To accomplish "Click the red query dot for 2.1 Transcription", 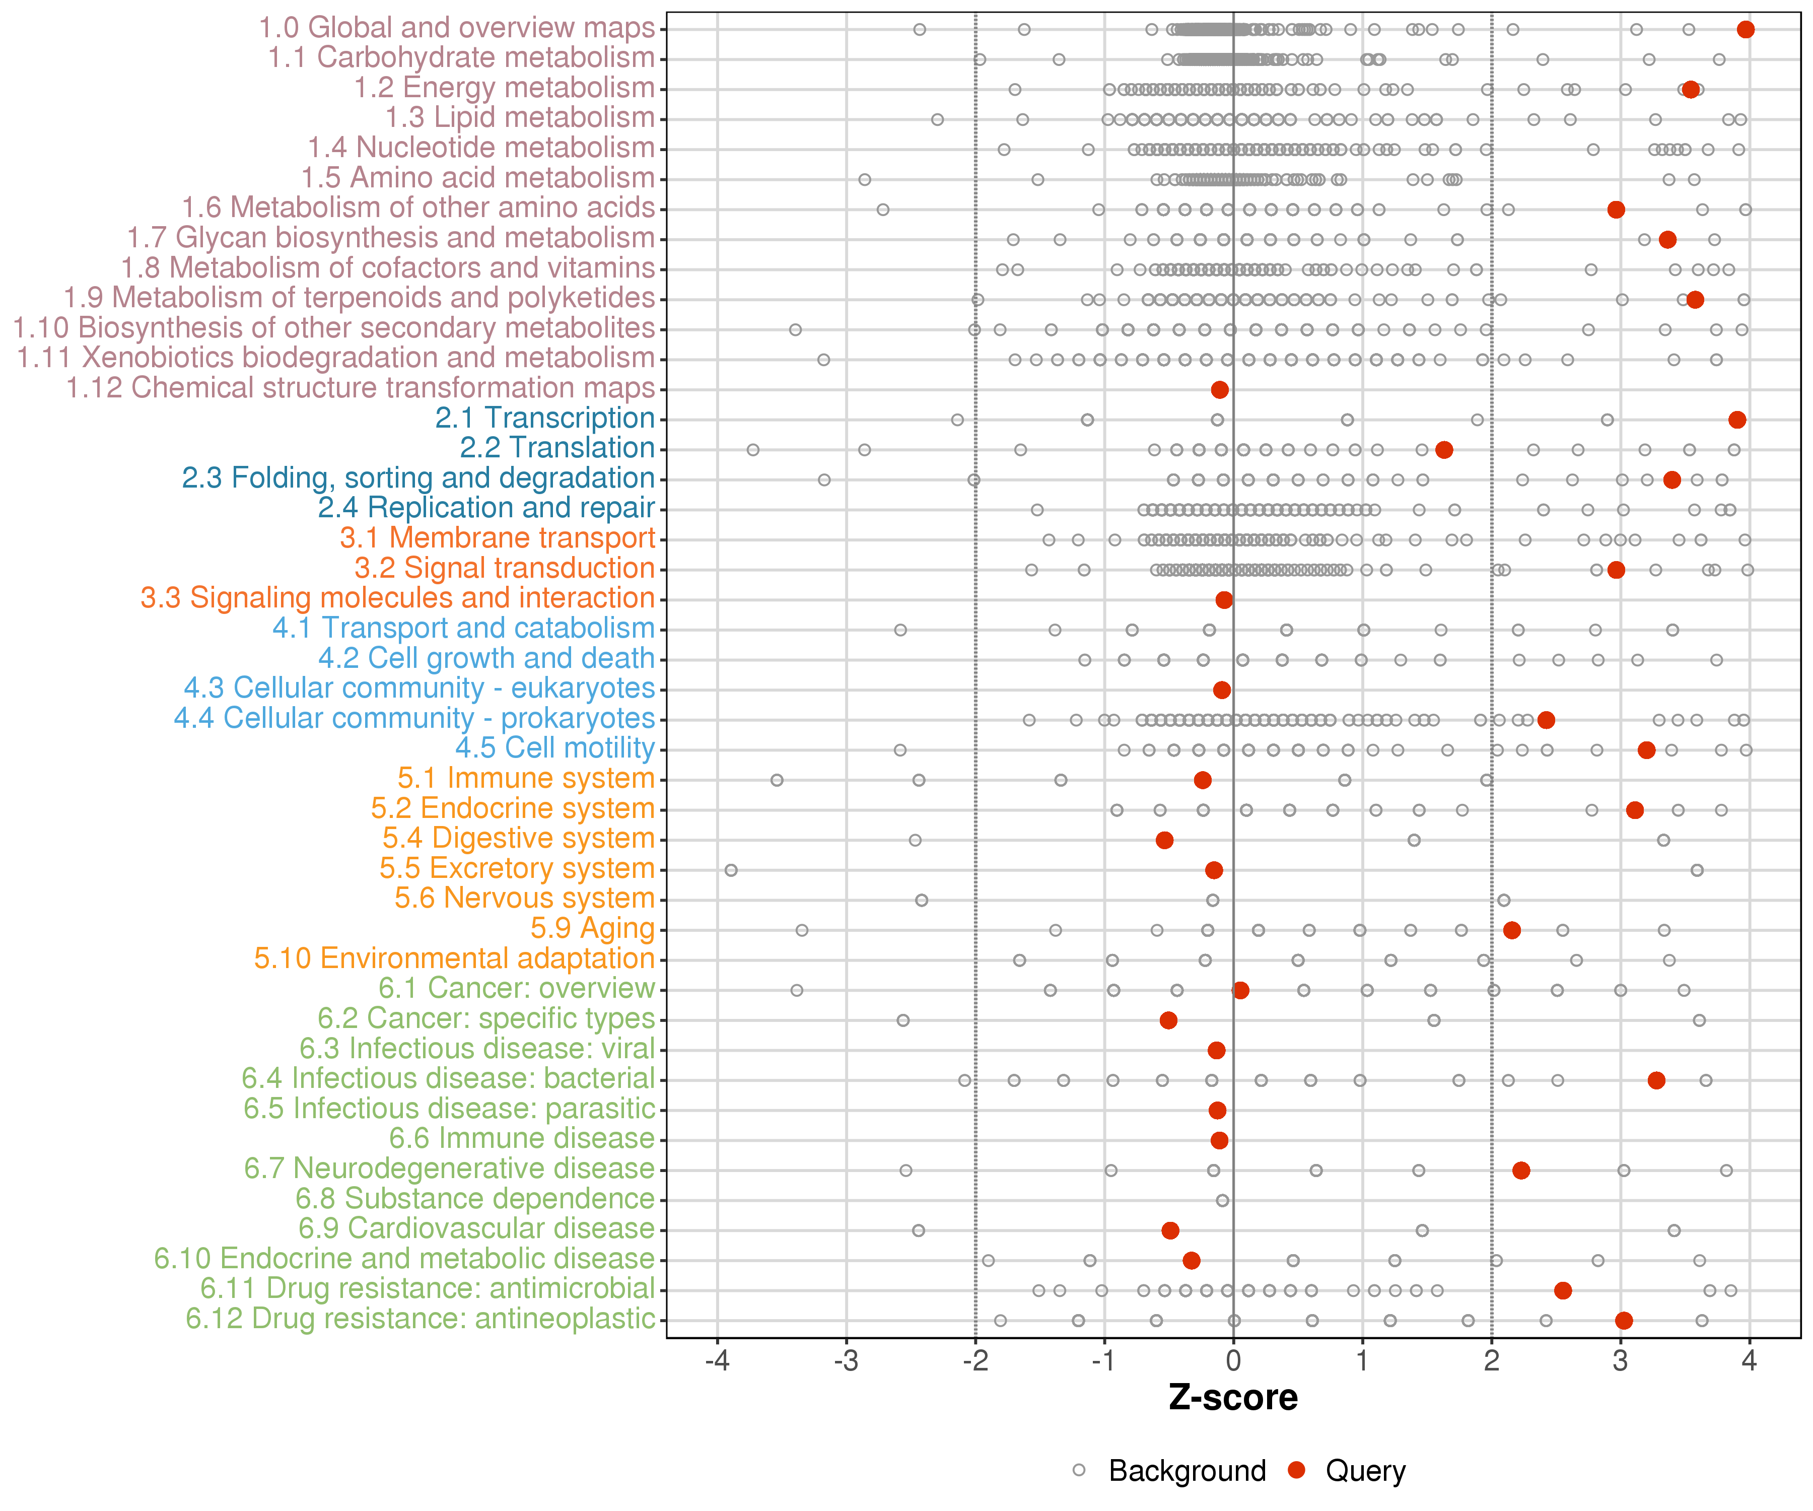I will pyautogui.click(x=1737, y=420).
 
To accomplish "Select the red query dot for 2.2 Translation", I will pyautogui.click(x=1443, y=450).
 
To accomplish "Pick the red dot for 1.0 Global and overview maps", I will pyautogui.click(x=1746, y=29).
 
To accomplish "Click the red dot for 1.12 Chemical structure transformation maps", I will pyautogui.click(x=1220, y=389).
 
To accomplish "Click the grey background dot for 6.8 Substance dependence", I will pyautogui.click(x=1222, y=1200).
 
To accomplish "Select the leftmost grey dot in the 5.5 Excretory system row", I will pyautogui.click(x=731, y=869).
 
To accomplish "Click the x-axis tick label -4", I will pyautogui.click(x=717, y=1361).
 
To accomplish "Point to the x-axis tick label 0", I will pyautogui.click(x=1233, y=1361).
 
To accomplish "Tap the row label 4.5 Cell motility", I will pyautogui.click(x=555, y=748).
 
